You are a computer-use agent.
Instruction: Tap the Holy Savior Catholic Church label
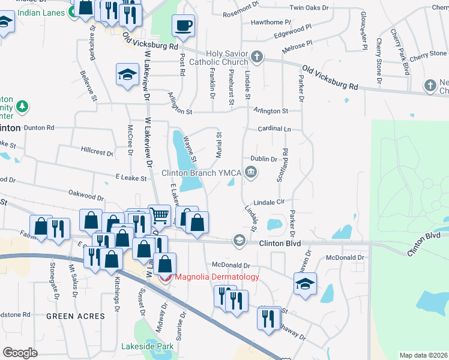(x=218, y=58)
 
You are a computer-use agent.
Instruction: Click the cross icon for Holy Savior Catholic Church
(x=257, y=58)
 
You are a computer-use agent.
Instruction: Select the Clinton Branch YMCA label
(x=201, y=173)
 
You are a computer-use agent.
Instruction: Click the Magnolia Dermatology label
(x=216, y=277)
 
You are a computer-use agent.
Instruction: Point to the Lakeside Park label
(x=146, y=346)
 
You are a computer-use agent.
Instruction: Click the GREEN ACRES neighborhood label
(x=75, y=316)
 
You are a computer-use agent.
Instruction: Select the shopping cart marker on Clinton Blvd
(x=159, y=215)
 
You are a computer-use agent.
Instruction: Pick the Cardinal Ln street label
(x=274, y=129)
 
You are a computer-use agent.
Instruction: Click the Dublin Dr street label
(x=264, y=160)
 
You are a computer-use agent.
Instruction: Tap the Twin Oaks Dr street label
(x=309, y=8)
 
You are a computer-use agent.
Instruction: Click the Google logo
(x=20, y=353)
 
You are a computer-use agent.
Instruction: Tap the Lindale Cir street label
(x=268, y=203)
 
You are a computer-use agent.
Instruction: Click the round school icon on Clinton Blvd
(x=240, y=241)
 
